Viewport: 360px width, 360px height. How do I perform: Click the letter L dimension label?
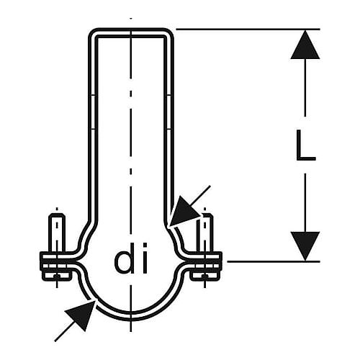[305, 145]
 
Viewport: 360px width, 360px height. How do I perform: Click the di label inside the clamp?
[131, 258]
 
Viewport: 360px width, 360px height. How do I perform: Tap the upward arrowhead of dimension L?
[305, 45]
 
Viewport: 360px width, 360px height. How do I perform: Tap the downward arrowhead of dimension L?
[305, 246]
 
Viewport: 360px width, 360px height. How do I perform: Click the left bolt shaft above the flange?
[57, 233]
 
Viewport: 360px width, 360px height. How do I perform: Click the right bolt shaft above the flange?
[204, 233]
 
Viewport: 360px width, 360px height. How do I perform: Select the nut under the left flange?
[57, 276]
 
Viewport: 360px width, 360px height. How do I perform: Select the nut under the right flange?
[204, 276]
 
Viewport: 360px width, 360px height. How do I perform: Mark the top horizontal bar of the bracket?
[131, 32]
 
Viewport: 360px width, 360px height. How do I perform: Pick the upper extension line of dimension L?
[248, 30]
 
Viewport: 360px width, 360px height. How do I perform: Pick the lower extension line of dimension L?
[274, 261]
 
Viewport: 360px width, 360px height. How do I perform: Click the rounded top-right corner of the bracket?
[169, 34]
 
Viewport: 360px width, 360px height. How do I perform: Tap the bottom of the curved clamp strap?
[131, 317]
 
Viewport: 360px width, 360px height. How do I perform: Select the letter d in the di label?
[123, 258]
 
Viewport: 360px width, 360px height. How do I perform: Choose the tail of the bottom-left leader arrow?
[55, 341]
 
